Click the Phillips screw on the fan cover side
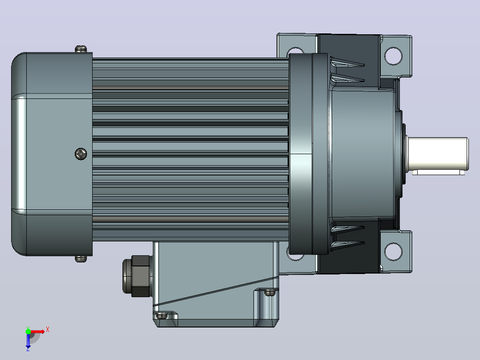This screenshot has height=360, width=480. point(81,154)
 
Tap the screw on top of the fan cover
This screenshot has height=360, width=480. point(81,49)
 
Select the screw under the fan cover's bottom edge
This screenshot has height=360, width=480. point(81,259)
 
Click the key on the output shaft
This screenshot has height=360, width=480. point(438,173)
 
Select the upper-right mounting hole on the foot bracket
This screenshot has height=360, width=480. point(393,56)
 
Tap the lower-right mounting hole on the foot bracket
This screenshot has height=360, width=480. point(393,252)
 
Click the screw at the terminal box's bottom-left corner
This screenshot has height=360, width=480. point(162,316)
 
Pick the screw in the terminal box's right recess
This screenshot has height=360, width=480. point(269,293)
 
